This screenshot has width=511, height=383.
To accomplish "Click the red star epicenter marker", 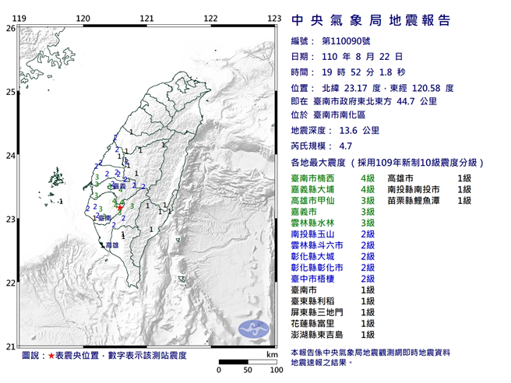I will click(119, 208).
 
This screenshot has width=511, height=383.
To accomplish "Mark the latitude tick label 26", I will click(10, 28).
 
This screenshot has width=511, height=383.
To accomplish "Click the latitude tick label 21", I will click(10, 346).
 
